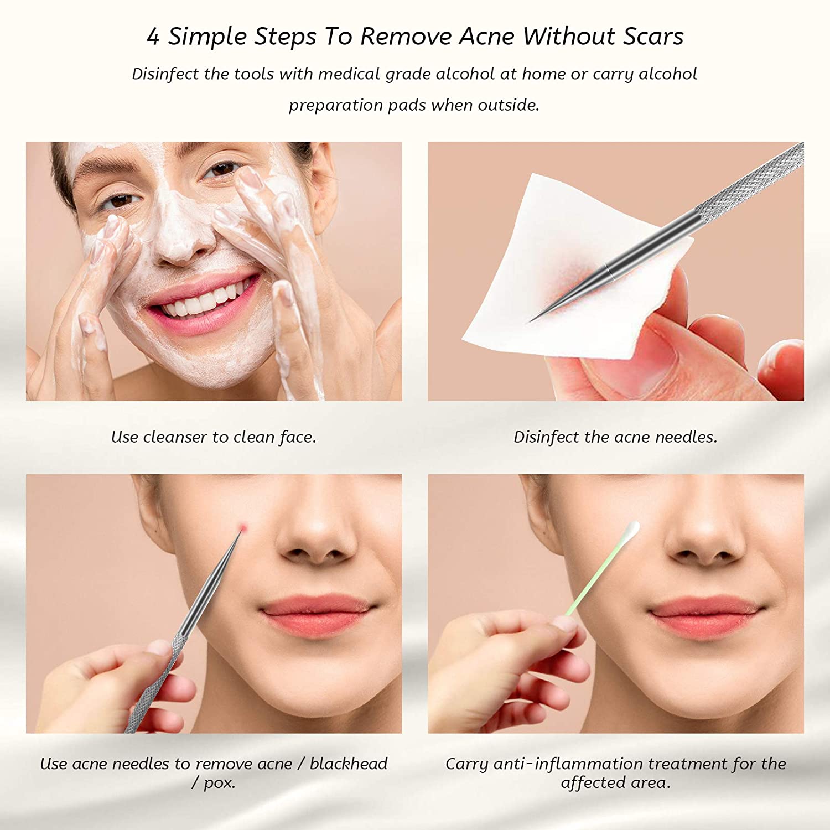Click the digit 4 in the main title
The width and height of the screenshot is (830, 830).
[x=153, y=37]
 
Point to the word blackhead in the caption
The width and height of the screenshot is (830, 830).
[x=349, y=764]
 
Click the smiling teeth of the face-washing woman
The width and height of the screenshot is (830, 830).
[x=202, y=299]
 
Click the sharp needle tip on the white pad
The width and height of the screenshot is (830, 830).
[x=531, y=321]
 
